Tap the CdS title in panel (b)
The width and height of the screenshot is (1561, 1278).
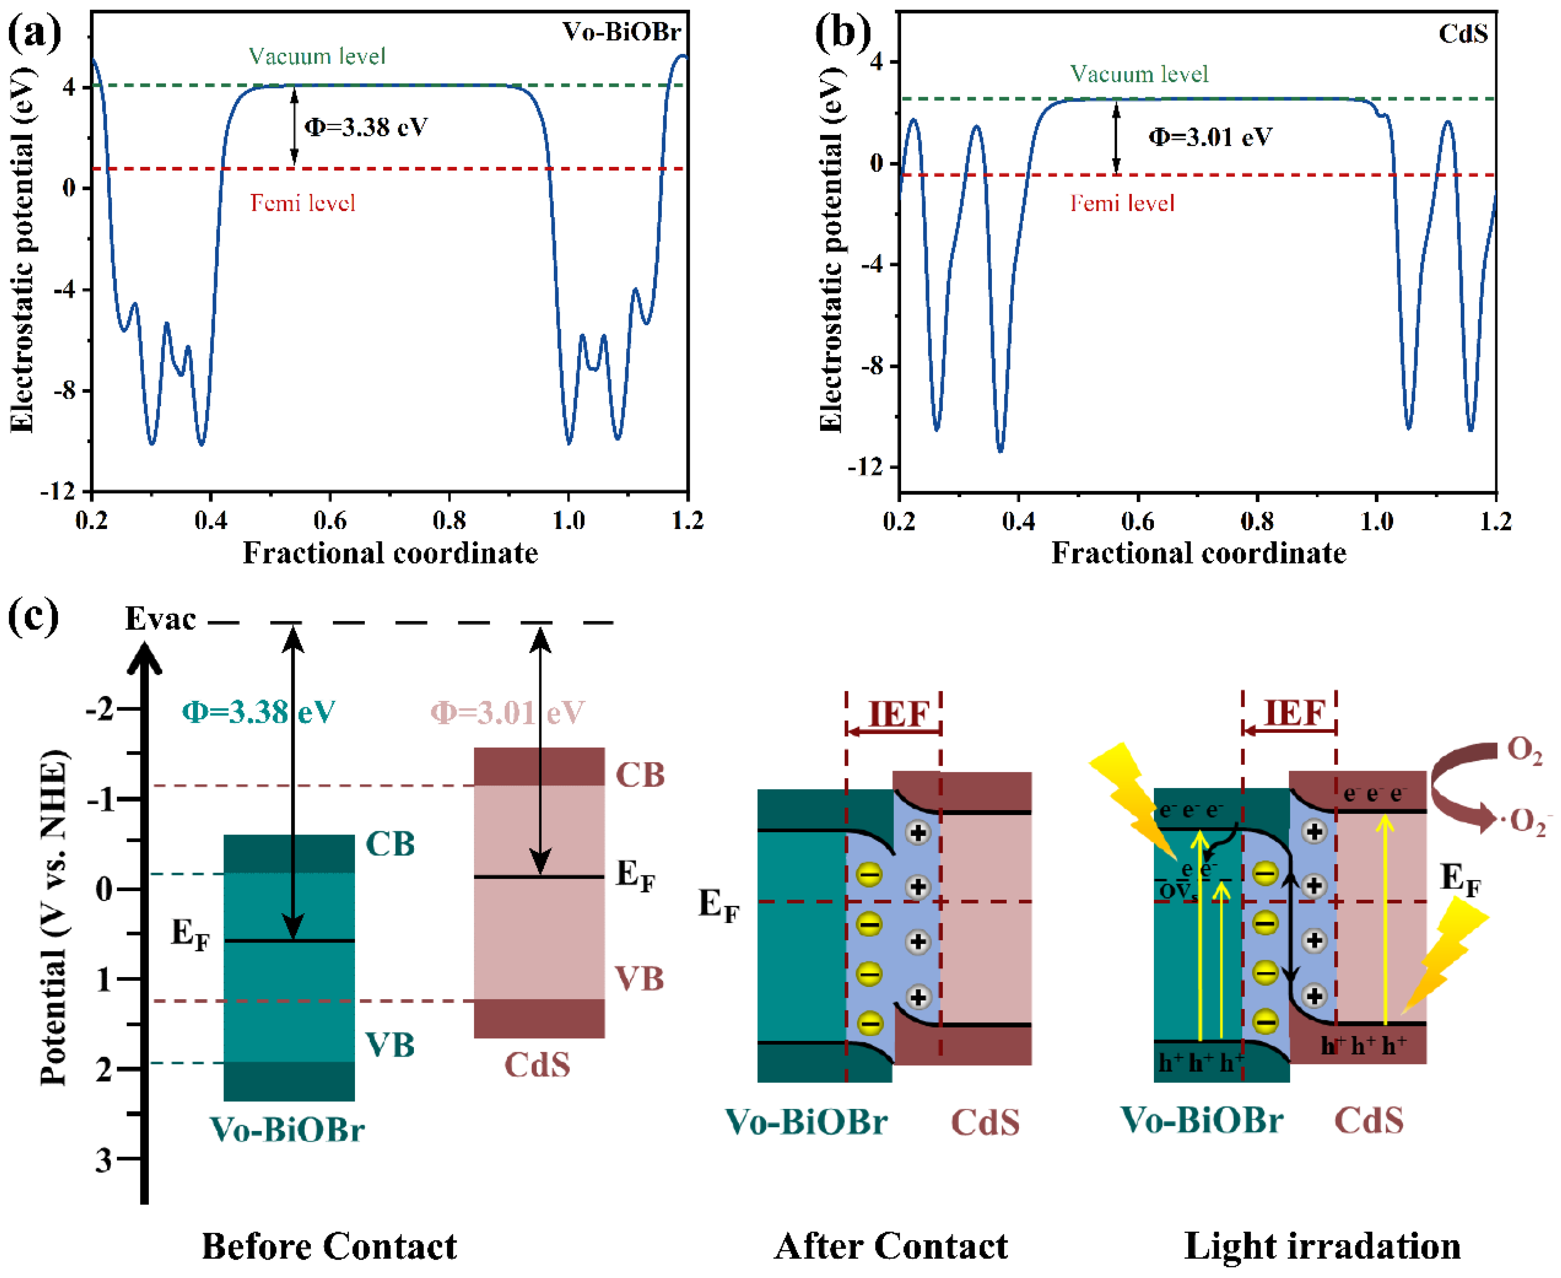[1462, 33]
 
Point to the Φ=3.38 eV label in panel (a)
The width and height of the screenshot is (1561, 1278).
[366, 127]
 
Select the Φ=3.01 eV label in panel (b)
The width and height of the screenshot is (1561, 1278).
[1211, 137]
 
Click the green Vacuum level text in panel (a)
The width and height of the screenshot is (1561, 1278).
[317, 57]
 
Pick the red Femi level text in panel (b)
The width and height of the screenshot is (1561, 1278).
[1121, 203]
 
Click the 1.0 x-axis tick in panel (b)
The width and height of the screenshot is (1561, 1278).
[1376, 521]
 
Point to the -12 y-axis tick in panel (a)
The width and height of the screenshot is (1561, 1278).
[59, 491]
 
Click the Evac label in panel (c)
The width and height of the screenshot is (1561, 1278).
[161, 619]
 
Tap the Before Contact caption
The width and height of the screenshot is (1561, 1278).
[329, 1247]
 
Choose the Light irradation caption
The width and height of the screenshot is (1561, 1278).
[1323, 1247]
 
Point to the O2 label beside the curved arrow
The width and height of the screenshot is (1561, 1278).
[1524, 752]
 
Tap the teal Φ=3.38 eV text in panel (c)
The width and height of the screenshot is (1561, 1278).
[259, 712]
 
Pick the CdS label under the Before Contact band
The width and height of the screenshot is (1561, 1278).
[537, 1064]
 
